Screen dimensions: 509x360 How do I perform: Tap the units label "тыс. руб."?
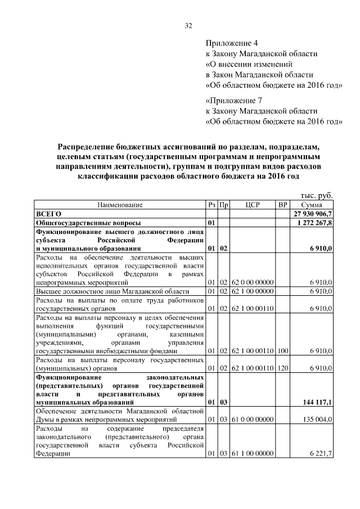click(x=318, y=195)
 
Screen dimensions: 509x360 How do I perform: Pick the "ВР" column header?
click(x=283, y=205)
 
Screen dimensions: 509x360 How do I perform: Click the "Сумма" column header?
click(x=312, y=205)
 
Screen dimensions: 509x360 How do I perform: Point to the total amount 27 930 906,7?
click(x=313, y=214)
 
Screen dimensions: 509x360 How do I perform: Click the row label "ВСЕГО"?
click(x=48, y=214)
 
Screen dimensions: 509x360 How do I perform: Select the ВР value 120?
click(x=283, y=368)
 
